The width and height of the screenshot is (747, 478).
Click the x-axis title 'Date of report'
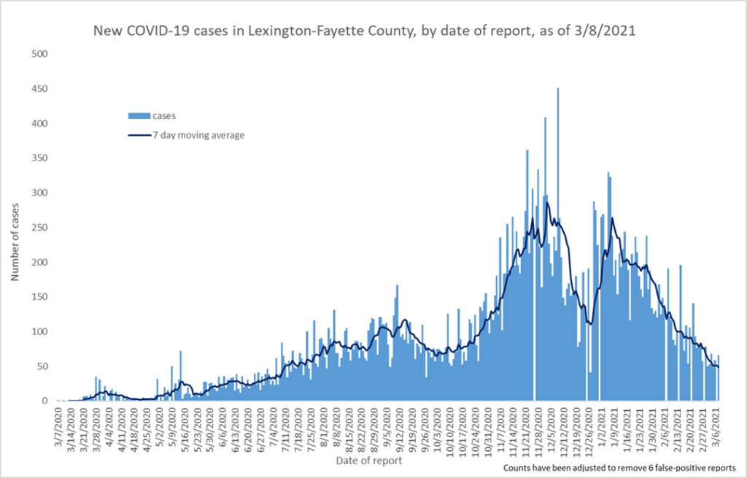click(x=369, y=461)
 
